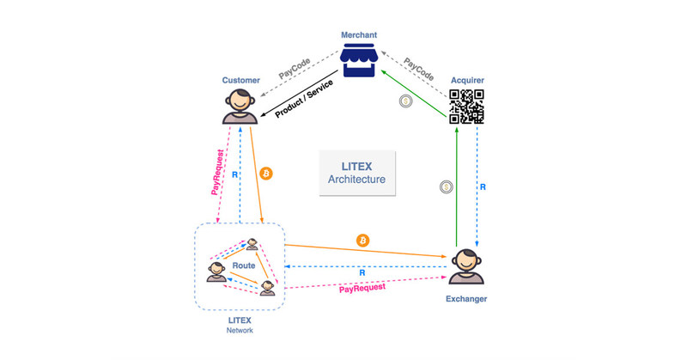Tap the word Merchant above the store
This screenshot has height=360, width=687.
[357, 35]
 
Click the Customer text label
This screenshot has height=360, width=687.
[241, 80]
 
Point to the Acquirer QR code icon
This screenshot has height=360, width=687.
[465, 108]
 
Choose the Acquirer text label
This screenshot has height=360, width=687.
[466, 80]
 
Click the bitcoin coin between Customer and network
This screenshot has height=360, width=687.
[266, 174]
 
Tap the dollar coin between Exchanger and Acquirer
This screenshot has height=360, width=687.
[446, 186]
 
